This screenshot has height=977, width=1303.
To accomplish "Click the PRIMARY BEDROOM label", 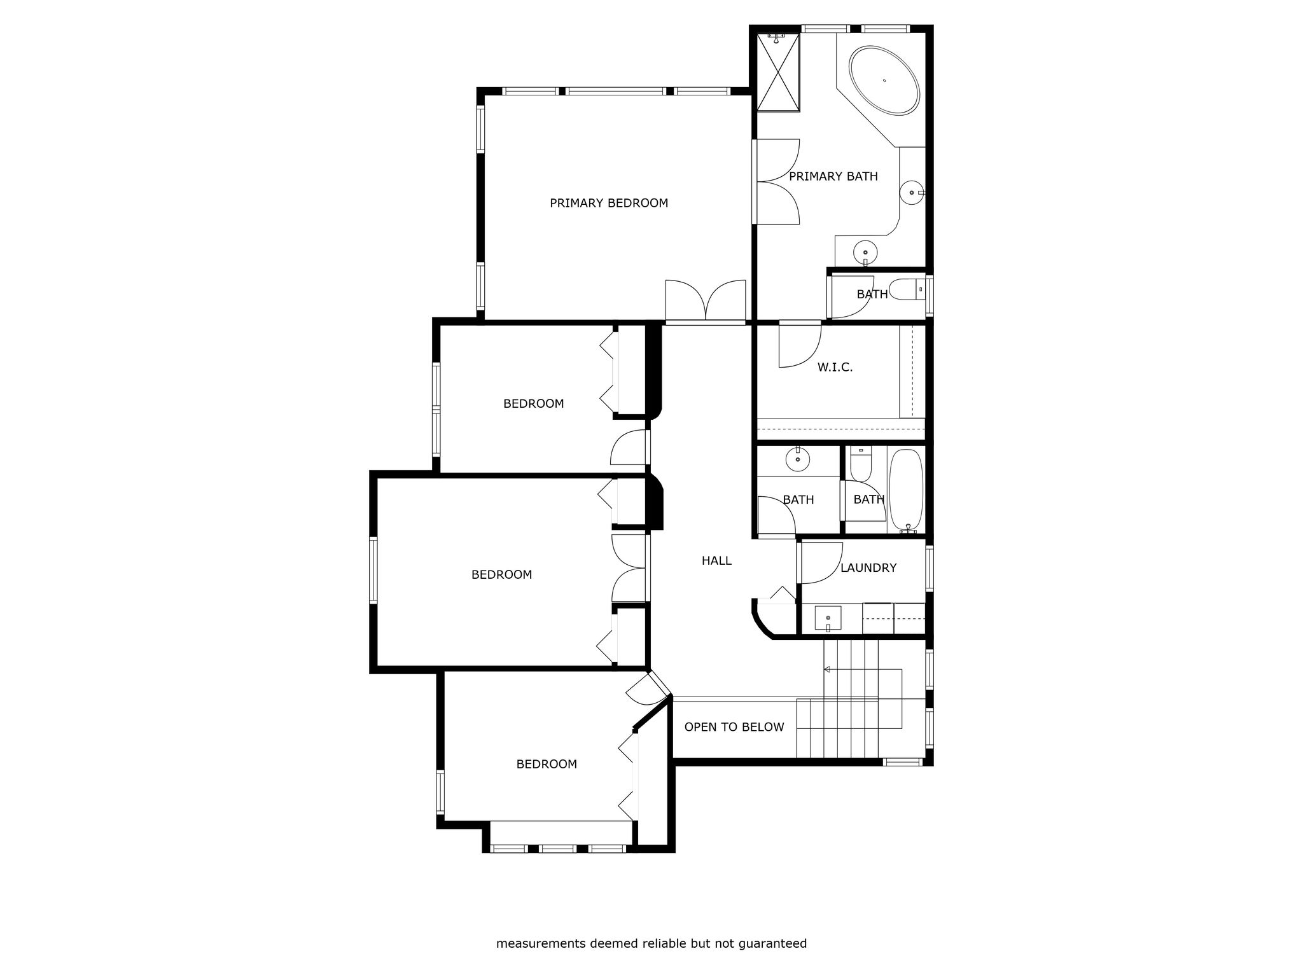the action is tap(609, 203).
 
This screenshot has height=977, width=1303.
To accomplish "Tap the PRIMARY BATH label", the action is tap(833, 176).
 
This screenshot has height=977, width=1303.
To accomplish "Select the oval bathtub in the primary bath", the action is tap(884, 80).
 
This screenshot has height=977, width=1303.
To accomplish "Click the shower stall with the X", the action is tap(777, 72).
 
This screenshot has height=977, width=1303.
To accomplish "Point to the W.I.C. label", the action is tap(835, 367).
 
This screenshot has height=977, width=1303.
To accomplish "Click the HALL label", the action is tap(716, 560).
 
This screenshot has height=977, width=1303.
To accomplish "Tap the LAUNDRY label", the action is tap(868, 567).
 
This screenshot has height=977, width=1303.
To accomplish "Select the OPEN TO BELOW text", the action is tap(734, 727).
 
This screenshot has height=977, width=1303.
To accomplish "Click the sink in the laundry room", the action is tap(828, 618).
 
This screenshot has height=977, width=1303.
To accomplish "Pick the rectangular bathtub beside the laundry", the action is tap(905, 490).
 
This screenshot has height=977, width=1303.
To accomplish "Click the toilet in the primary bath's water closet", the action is tap(907, 290).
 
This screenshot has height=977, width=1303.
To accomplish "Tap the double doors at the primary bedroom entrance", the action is tap(706, 300).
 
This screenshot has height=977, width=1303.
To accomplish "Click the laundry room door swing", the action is tap(821, 563).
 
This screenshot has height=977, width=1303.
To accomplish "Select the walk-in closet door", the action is tap(800, 346).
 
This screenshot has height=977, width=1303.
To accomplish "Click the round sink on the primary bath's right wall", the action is tap(912, 192).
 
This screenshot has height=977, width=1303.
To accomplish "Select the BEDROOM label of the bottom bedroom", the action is tap(547, 764).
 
